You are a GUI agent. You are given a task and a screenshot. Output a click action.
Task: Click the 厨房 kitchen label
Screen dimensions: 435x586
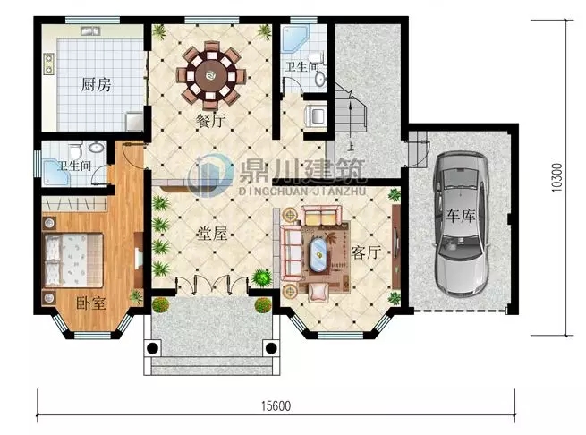pos(96,86)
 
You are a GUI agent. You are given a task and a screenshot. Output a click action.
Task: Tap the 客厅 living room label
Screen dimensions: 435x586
pos(367,252)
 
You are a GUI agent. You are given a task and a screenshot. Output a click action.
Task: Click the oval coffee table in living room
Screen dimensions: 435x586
pos(318,253)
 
